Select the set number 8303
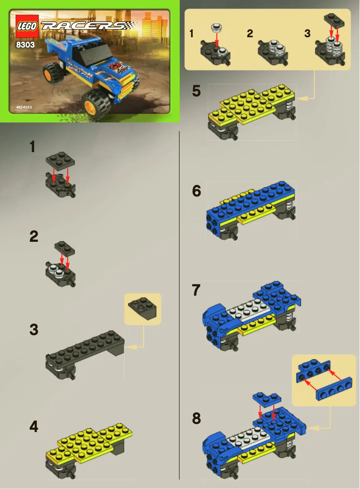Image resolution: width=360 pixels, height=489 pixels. point(26,45)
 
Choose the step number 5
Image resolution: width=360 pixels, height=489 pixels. point(196,91)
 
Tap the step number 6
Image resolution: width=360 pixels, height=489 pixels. point(196,191)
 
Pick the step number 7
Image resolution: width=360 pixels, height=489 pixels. point(196,291)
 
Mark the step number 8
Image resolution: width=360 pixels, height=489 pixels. point(196,419)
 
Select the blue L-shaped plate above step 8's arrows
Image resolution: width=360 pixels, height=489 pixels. point(267,398)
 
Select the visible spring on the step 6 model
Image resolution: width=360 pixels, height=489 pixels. point(290,207)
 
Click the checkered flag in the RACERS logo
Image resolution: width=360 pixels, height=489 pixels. point(130,25)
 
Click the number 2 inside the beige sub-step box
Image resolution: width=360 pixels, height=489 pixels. point(250,34)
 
